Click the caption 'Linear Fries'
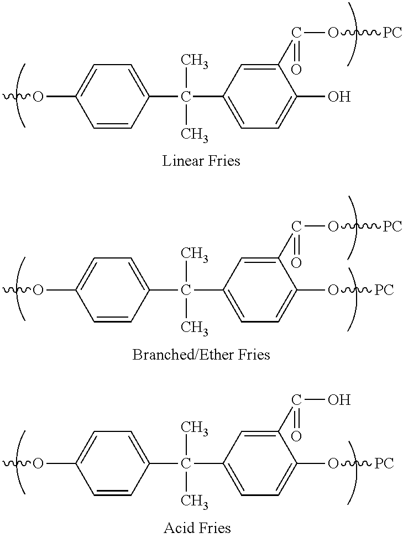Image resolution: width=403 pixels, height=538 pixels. (201, 161)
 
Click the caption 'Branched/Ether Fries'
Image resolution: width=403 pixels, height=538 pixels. (201, 354)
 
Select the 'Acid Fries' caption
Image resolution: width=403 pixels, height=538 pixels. (197, 528)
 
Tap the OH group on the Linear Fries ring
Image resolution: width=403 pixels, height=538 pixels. (339, 97)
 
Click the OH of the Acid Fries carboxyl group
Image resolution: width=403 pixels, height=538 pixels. (339, 400)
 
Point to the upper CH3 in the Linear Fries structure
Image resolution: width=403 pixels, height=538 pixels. (195, 61)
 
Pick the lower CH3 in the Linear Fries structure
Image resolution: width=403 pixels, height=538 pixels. (195, 135)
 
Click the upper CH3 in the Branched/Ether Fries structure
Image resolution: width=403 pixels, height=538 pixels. (195, 255)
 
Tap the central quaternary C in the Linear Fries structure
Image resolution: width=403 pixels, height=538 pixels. (186, 98)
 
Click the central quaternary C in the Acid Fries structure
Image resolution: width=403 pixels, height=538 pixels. (186, 463)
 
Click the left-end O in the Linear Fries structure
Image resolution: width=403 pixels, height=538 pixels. (38, 98)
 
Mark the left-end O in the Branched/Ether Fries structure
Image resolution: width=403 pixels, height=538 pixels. (38, 291)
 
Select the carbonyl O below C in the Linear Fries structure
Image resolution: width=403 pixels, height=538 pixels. (296, 69)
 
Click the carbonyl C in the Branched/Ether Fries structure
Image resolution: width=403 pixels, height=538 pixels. (296, 226)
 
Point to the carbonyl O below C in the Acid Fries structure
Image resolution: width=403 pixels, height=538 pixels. (296, 436)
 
